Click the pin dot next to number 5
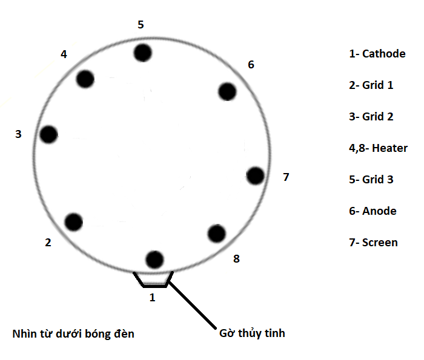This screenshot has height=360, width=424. click(143, 53)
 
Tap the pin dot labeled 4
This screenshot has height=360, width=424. click(85, 79)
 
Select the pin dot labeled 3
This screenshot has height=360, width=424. click(48, 134)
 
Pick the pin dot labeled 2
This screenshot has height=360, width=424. click(74, 222)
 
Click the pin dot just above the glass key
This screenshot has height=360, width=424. click(154, 260)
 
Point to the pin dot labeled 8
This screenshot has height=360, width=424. click(217, 234)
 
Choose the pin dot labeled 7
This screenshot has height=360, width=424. click(256, 176)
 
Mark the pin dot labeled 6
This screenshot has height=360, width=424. click(227, 92)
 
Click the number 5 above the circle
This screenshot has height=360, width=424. click(141, 25)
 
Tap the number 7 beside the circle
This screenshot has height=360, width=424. click(286, 177)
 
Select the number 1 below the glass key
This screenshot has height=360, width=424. click(152, 297)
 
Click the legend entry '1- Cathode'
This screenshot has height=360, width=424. click(377, 54)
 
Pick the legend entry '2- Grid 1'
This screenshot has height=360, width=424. click(371, 85)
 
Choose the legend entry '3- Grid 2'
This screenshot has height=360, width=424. click(371, 117)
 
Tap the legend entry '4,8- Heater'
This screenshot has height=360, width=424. click(378, 148)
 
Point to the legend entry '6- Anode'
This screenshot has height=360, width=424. click(373, 211)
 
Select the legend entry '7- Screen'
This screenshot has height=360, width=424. click(373, 243)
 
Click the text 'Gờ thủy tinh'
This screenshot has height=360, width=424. click(252, 333)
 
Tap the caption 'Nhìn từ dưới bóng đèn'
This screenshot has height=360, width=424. click(73, 334)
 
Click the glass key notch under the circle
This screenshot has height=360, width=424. click(154, 285)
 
